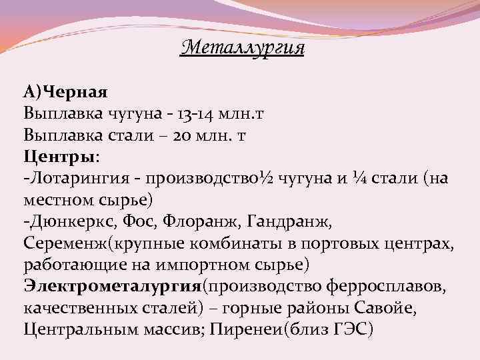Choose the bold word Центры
tap(59, 157)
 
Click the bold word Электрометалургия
tap(112, 287)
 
